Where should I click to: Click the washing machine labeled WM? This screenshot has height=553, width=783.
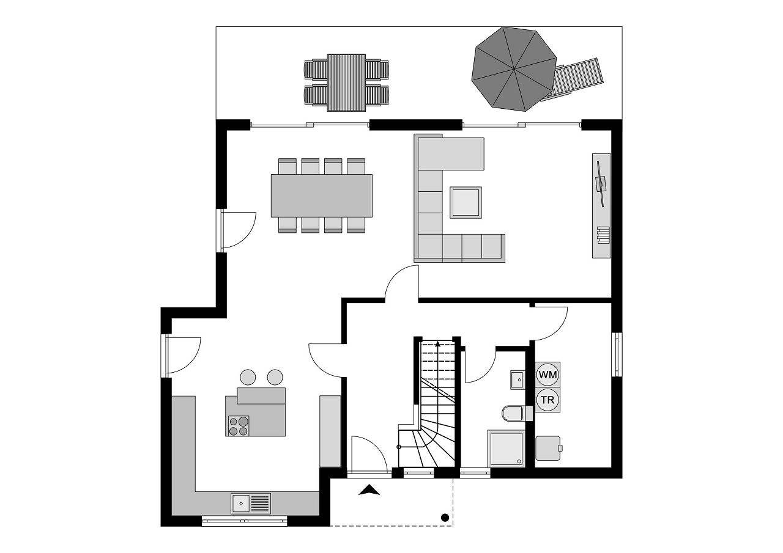click(547, 373)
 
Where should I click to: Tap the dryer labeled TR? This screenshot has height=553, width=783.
click(547, 400)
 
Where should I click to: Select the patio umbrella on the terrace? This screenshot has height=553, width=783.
click(514, 68)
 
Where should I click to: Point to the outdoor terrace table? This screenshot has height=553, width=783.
click(346, 82)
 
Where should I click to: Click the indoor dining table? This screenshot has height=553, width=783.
click(322, 196)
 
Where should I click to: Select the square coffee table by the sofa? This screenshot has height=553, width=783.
click(466, 202)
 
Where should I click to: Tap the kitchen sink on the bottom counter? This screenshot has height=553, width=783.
click(250, 504)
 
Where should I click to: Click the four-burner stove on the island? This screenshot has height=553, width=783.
click(239, 425)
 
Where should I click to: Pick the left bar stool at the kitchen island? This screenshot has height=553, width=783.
click(248, 377)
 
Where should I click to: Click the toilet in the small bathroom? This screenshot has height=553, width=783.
click(512, 414)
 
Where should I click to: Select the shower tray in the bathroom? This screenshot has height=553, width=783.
click(506, 449)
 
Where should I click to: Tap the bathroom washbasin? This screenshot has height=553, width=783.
click(517, 379)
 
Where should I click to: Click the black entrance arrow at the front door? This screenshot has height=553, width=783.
click(368, 489)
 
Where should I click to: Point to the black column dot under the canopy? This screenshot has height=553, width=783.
click(445, 518)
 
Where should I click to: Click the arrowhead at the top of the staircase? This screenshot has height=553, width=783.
click(439, 344)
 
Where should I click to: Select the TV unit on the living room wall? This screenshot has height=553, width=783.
click(601, 205)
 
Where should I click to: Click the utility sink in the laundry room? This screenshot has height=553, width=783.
click(549, 448)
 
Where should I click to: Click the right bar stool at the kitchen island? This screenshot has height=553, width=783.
click(275, 377)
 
